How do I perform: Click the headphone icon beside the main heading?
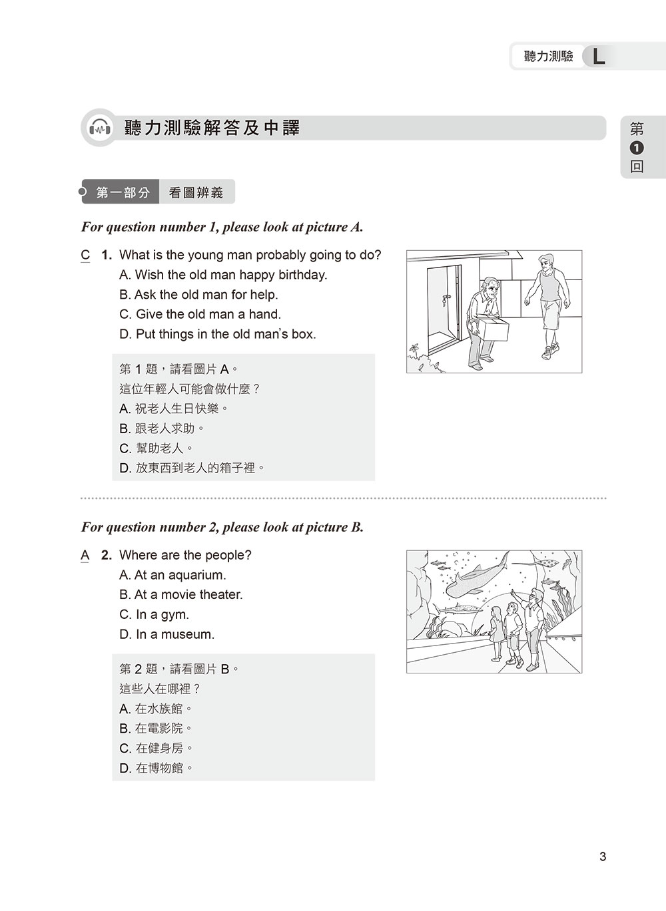coord(99,128)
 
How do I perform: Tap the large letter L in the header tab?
coord(599,57)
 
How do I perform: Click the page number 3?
coord(603,856)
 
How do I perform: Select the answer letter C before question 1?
coord(85,255)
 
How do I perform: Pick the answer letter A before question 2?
coord(85,555)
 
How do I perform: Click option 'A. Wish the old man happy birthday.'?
coord(223,275)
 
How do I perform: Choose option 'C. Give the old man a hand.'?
coord(200,314)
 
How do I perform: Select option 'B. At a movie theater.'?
coord(180,594)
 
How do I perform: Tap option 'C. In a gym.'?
coord(154,614)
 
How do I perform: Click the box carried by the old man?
coord(491,330)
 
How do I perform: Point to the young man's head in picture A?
coord(546,262)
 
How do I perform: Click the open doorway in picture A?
coord(443,306)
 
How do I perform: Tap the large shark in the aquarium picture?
coord(474,577)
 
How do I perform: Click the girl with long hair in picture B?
coord(497,633)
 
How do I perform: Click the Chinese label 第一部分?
coord(123,193)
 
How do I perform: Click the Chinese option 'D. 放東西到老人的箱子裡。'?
coord(192,468)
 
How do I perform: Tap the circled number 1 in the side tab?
coord(637,148)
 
